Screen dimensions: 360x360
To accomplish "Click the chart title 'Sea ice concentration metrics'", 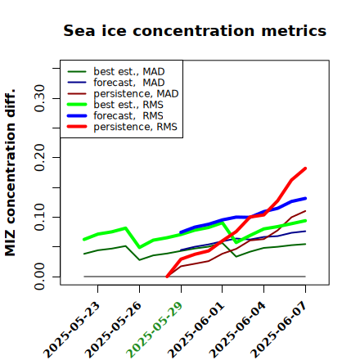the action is pyautogui.click(x=195, y=30).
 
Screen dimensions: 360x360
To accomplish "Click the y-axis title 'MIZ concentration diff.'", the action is pyautogui.click(x=10, y=173).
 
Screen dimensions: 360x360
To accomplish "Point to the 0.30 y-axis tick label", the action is pyautogui.click(x=39, y=98).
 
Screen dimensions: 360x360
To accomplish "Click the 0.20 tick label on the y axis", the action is pyautogui.click(x=39, y=158).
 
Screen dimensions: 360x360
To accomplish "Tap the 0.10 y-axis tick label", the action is pyautogui.click(x=39, y=217).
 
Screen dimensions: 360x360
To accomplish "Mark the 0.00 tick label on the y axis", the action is pyautogui.click(x=39, y=277).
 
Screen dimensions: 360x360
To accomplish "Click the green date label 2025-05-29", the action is pyautogui.click(x=155, y=330).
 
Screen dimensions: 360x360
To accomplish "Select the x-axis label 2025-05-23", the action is pyautogui.click(x=72, y=330).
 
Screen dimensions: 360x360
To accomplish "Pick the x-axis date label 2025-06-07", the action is pyautogui.click(x=279, y=330).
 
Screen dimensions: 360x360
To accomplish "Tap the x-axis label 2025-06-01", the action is pyautogui.click(x=196, y=330).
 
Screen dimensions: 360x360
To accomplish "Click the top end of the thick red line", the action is pyautogui.click(x=305, y=169).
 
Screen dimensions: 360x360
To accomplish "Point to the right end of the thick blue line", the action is pyautogui.click(x=305, y=198).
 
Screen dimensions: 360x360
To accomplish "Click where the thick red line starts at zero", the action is pyautogui.click(x=167, y=277).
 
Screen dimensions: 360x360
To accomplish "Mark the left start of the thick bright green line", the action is pyautogui.click(x=84, y=239).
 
